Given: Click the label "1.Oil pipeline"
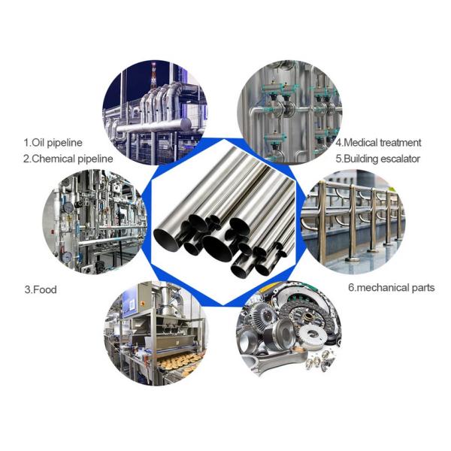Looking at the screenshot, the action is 53,143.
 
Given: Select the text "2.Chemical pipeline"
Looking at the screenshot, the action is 68,159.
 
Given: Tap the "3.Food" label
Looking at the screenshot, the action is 41,289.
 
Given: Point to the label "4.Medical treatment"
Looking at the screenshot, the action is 379,143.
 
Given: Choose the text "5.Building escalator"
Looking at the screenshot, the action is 377,159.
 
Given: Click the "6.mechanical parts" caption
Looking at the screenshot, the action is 392,288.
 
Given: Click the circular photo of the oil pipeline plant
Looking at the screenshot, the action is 155,113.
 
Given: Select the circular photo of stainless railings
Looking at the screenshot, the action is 353,222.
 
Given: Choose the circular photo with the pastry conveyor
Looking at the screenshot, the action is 156,334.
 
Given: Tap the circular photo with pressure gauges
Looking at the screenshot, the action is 95,222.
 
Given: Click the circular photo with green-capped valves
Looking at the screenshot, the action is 289,113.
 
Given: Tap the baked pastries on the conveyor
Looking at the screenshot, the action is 180,362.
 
